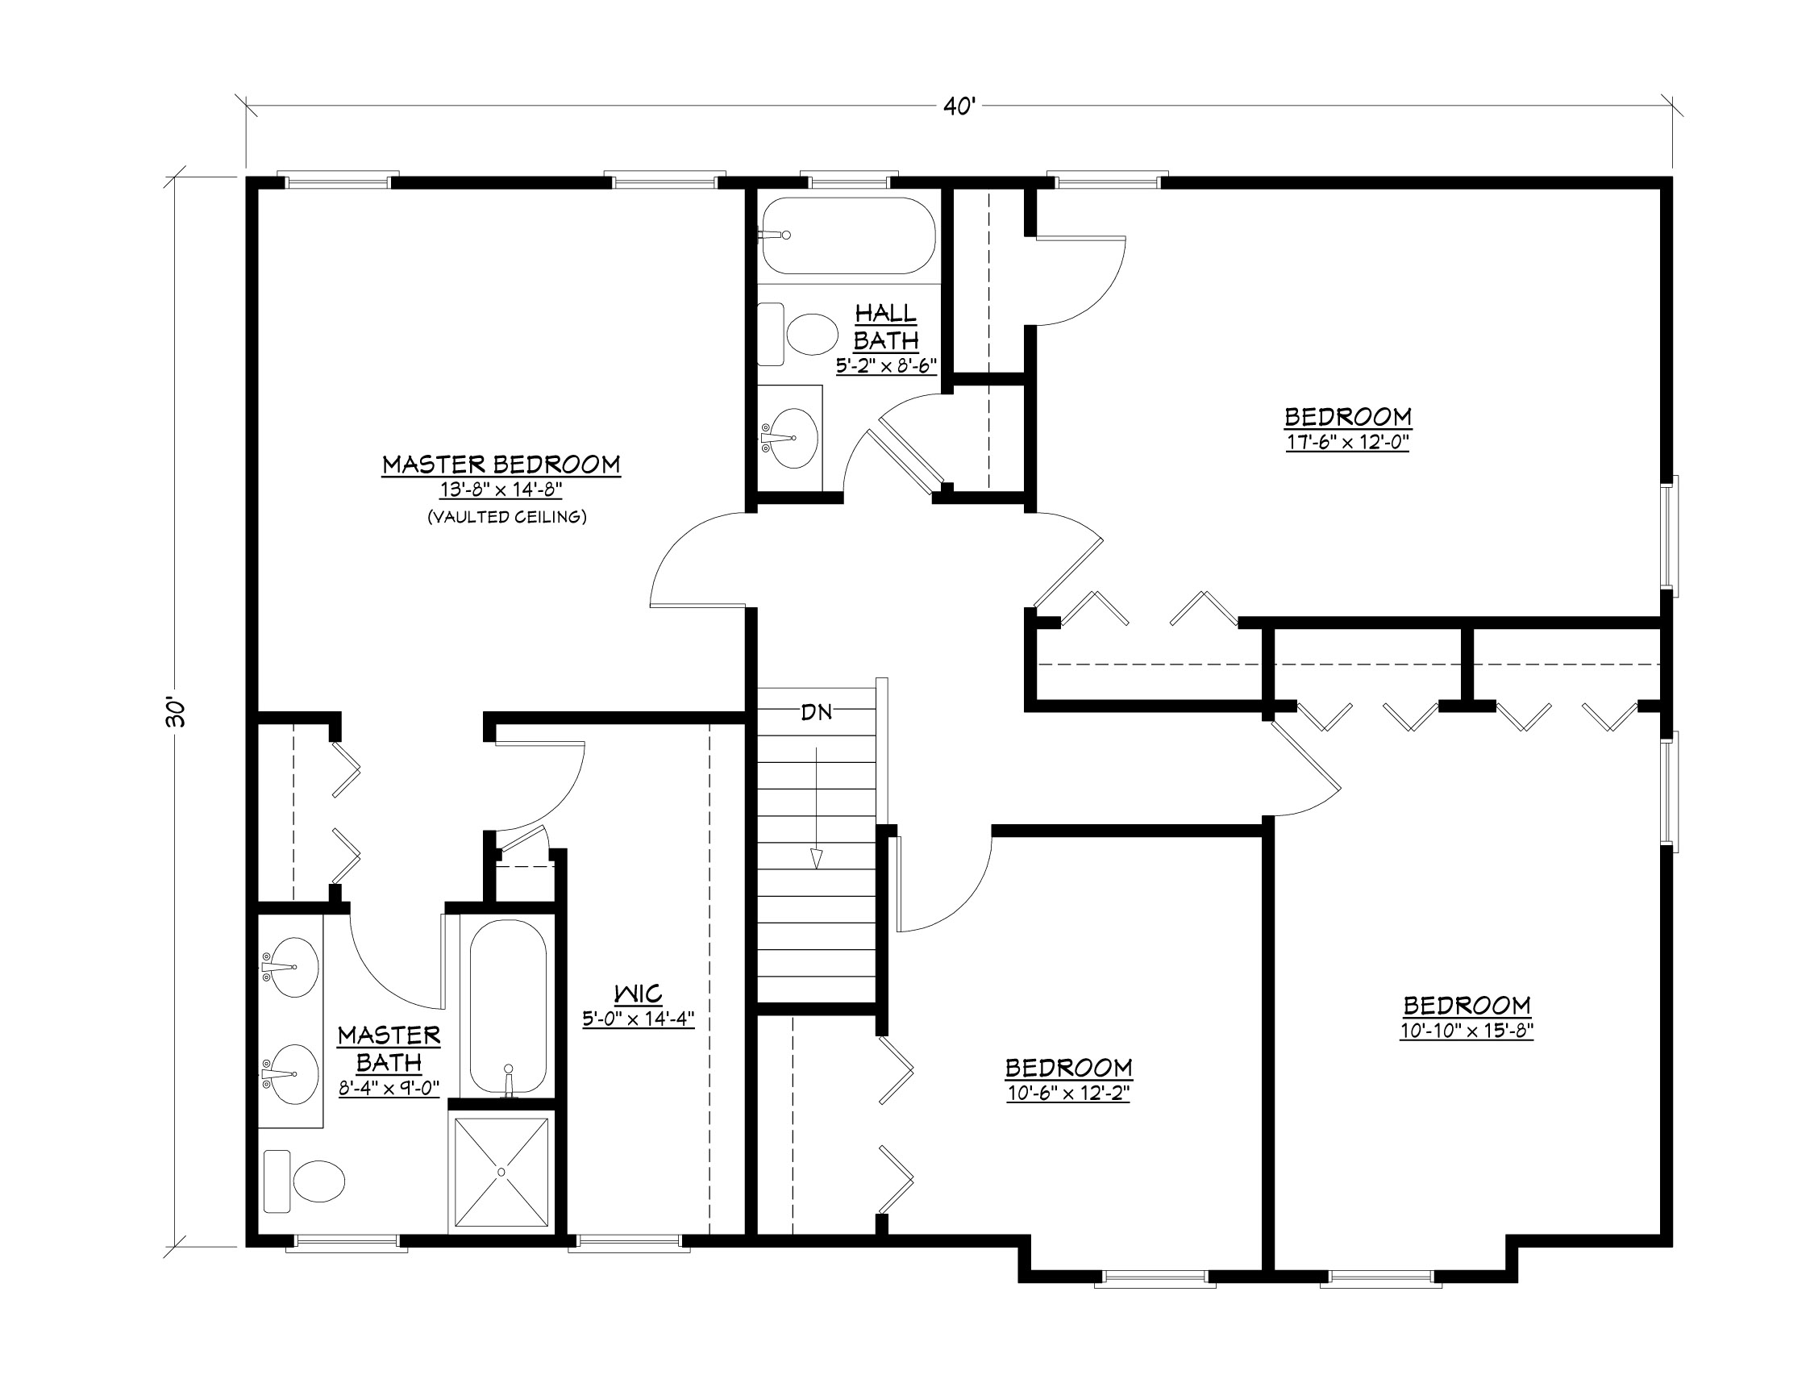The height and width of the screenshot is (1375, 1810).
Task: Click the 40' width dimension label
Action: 959,107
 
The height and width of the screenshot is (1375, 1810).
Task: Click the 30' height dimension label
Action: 175,712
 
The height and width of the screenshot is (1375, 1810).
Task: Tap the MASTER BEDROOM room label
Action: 501,465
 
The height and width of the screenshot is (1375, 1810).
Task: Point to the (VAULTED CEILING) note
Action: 506,517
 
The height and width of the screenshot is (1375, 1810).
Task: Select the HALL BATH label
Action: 885,326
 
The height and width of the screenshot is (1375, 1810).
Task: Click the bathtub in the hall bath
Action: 847,235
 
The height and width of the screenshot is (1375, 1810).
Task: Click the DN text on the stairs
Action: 816,712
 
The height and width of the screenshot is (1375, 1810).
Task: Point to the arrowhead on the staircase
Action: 816,858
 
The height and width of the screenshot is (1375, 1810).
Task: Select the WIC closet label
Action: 639,994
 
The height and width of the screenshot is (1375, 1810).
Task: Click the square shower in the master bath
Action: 501,1173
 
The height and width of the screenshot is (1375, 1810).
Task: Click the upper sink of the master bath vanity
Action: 293,968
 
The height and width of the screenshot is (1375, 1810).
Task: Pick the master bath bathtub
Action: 507,1007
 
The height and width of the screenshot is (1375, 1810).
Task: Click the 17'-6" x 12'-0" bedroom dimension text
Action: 1347,443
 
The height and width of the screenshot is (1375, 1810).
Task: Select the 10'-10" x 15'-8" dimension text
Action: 1466,1031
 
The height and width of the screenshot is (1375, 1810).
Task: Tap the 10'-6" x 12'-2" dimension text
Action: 1067,1094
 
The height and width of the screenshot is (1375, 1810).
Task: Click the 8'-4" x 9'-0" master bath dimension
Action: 389,1089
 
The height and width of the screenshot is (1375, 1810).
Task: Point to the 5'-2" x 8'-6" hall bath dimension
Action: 885,366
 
